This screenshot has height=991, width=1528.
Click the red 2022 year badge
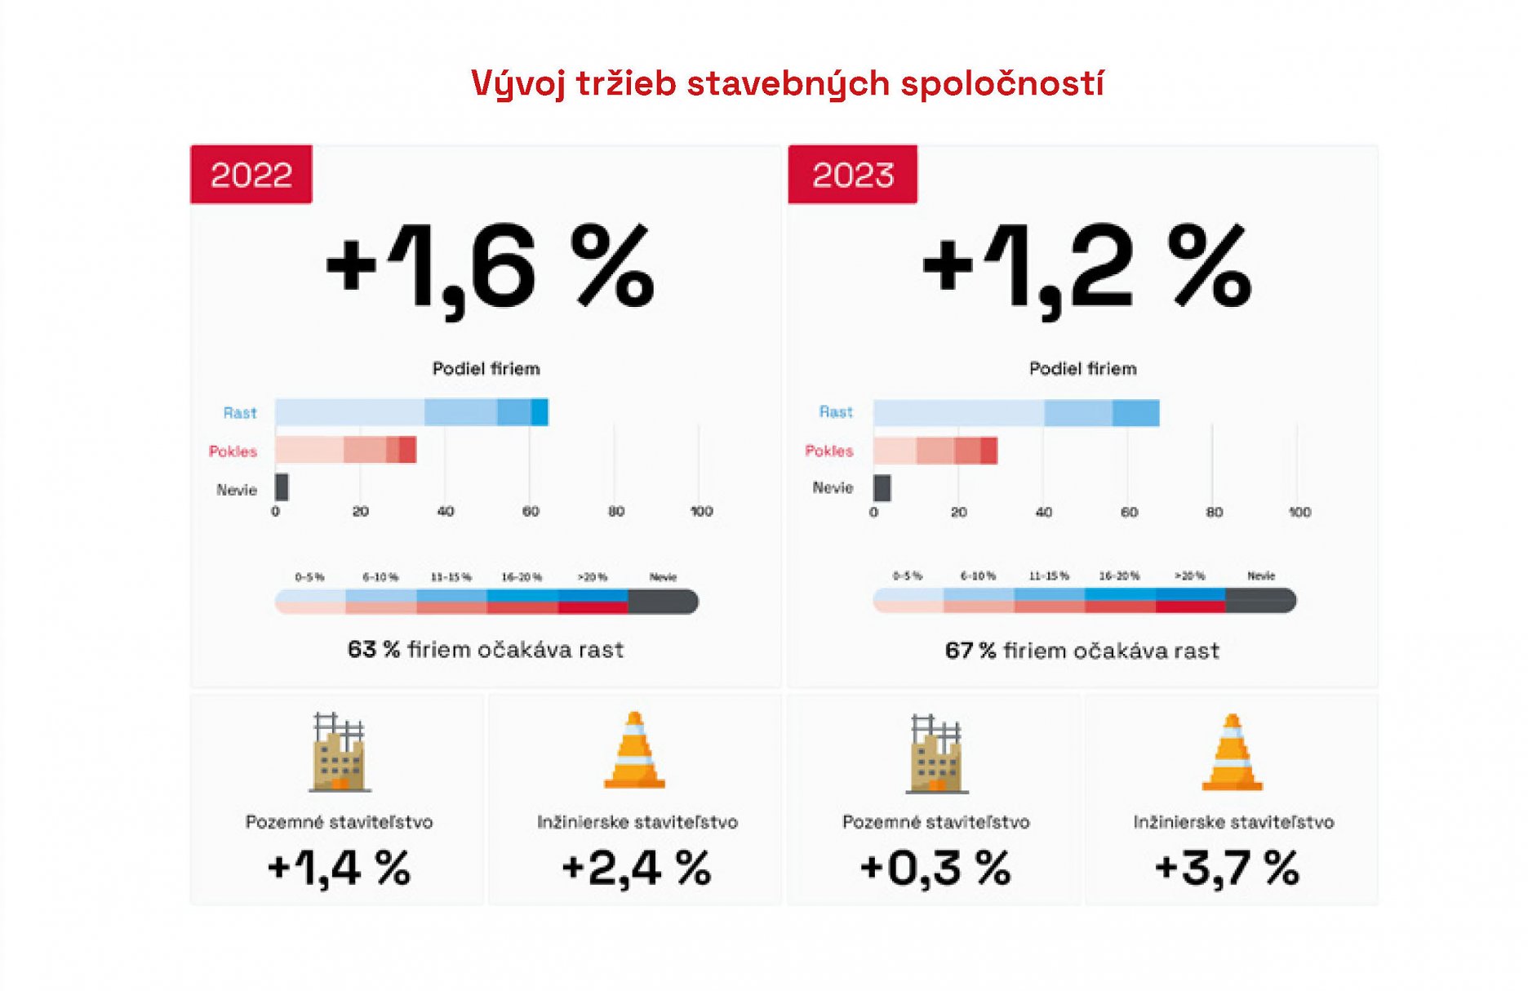(251, 175)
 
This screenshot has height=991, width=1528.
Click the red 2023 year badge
(852, 175)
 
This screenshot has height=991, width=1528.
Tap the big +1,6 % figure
(490, 268)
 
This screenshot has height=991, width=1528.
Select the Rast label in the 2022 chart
(240, 413)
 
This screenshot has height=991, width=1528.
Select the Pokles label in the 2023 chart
(828, 451)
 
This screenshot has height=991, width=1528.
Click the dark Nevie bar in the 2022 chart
(282, 487)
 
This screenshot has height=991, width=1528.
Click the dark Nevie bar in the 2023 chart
(882, 488)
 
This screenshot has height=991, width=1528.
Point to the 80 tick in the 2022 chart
(616, 512)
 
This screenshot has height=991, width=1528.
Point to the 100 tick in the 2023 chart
(1299, 513)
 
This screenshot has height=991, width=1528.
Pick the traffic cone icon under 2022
(634, 750)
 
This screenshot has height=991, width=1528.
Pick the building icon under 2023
(936, 753)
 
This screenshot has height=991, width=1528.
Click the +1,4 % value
(339, 868)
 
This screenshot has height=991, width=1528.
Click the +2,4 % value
(637, 868)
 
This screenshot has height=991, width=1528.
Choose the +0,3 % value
(935, 868)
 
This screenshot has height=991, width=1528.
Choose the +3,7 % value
(1227, 868)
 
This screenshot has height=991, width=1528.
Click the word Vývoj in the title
(518, 84)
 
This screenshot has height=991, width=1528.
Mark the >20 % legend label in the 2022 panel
(593, 577)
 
